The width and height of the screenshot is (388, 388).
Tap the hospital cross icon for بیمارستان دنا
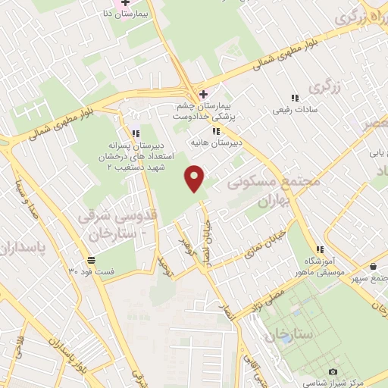coord(126,4)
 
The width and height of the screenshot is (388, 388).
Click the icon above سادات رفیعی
coord(295,98)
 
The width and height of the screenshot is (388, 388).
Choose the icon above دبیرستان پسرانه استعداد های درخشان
coord(136,134)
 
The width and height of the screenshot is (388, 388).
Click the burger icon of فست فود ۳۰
coord(91,260)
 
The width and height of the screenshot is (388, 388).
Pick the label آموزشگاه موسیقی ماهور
coord(321,265)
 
